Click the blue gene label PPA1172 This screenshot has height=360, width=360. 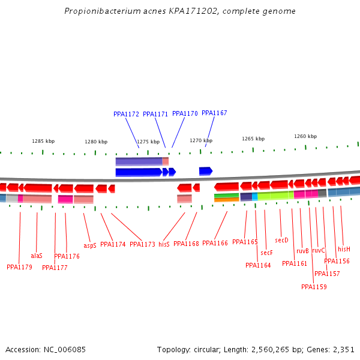[126, 114]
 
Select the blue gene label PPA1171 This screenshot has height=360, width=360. [155, 114]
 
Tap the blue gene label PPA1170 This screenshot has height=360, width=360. [185, 113]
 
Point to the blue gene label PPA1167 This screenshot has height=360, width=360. [214, 113]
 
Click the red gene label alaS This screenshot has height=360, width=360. [37, 256]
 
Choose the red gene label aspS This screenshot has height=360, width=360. [90, 245]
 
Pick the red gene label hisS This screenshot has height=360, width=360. [164, 244]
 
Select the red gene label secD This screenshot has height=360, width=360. [281, 240]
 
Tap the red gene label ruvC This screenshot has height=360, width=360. [319, 250]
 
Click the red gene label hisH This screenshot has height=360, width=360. [344, 249]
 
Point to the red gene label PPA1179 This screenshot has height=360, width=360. [19, 267]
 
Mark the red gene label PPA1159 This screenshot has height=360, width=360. [314, 287]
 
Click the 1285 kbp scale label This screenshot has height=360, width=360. [43, 142]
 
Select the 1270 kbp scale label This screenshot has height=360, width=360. [201, 140]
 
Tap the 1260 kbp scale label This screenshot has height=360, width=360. [305, 136]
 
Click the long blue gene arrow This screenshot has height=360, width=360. [139, 172]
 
